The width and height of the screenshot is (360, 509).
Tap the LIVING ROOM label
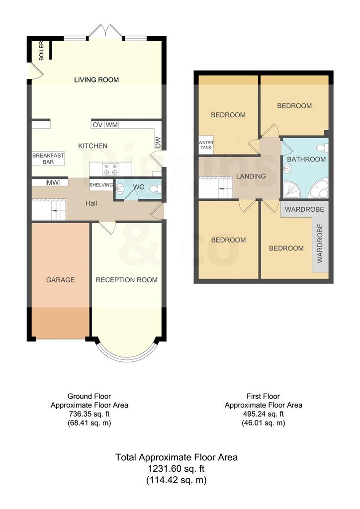coord(96,80)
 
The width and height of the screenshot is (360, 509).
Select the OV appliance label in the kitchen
coord(97,125)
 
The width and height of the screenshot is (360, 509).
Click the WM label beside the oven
coord(112,125)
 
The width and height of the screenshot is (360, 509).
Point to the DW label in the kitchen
coord(158,143)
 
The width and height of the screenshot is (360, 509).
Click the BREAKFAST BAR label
coord(48,159)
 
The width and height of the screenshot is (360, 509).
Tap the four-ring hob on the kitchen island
coord(110,169)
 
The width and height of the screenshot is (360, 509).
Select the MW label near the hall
coord(53,183)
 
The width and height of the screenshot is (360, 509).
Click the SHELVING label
coord(101,185)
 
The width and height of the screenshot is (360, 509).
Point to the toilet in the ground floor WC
coord(157,188)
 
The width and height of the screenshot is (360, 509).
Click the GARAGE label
coord(60,280)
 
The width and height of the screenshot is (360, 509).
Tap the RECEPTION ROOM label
coord(127,280)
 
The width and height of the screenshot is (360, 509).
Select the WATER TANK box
coord(206,145)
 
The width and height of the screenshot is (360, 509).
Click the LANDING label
coord(251,176)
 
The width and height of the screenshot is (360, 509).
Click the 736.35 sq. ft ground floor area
coord(90,414)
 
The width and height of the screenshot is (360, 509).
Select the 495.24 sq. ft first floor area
coord(263,414)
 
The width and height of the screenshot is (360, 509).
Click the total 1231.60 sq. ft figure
coord(176,469)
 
